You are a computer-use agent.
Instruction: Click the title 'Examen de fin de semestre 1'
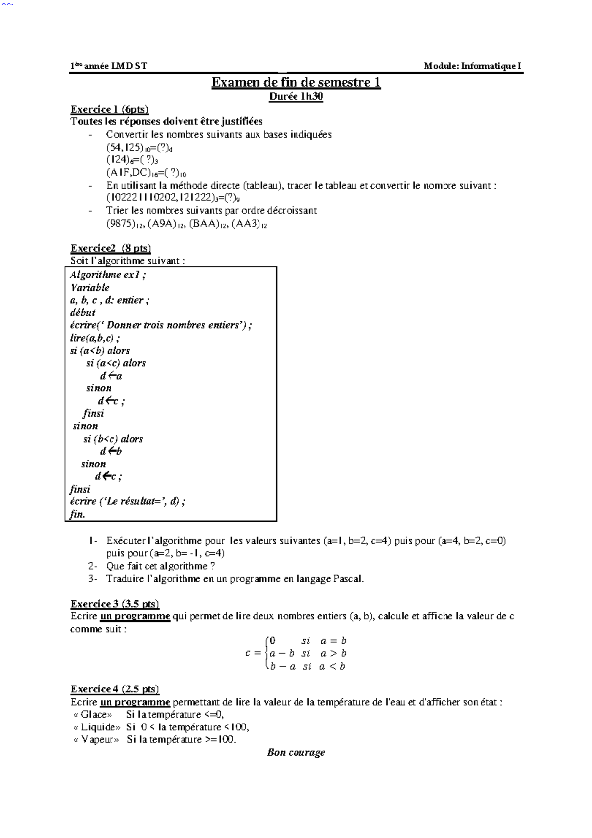point(296,82)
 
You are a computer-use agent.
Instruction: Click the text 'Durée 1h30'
point(296,96)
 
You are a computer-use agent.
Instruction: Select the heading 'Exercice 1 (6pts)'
point(110,109)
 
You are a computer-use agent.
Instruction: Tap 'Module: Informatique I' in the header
point(473,66)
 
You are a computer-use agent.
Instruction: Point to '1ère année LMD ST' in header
point(109,66)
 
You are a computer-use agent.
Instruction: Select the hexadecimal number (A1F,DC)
point(129,173)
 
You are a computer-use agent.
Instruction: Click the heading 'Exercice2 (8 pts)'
point(111,248)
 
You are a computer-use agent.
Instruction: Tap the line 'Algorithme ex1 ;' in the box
point(108,275)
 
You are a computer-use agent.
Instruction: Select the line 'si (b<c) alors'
point(113,439)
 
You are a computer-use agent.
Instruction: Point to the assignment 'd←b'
point(111,451)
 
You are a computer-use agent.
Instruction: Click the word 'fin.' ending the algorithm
point(77,514)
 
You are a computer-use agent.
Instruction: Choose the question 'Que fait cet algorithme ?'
point(160,566)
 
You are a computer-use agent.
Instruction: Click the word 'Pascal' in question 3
point(348,579)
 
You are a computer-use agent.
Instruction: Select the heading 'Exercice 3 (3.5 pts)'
point(114,604)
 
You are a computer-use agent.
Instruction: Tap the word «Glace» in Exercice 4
point(93,714)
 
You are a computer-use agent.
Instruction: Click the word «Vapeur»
point(96,739)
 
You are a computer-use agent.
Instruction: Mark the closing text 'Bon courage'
point(296,752)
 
